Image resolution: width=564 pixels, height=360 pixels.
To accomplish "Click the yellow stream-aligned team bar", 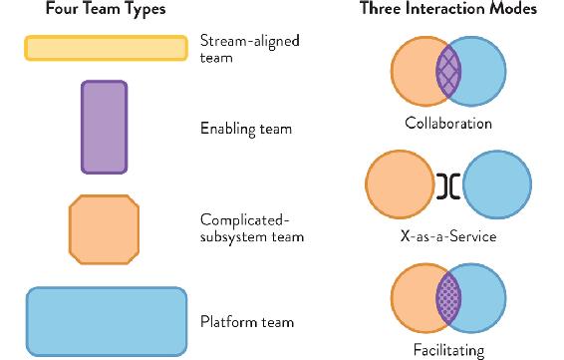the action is (106, 48).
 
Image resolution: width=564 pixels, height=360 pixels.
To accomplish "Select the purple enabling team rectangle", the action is (105, 127).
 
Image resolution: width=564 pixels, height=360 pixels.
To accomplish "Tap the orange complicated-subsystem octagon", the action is (104, 229).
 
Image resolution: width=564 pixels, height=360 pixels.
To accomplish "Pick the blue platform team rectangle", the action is (107, 321).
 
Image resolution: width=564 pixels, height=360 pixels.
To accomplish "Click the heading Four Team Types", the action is (106, 9).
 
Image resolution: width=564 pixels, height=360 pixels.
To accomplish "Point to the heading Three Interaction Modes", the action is (448, 9).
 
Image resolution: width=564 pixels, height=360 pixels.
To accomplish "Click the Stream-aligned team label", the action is (250, 49).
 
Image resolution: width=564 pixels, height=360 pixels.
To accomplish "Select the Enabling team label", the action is (246, 129).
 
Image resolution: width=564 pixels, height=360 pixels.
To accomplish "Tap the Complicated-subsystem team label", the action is (252, 228).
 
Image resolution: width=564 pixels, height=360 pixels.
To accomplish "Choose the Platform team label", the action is (247, 321).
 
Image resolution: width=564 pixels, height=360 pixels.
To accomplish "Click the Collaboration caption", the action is (448, 123).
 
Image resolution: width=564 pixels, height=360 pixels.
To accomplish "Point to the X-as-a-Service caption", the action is (448, 236).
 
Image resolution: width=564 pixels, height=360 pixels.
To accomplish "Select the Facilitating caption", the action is (448, 350).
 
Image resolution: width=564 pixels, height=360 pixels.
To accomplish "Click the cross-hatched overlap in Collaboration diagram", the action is (448, 71).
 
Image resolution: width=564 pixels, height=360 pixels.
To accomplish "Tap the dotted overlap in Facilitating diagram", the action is (448, 298).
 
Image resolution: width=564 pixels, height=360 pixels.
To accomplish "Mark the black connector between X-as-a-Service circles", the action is (448, 186).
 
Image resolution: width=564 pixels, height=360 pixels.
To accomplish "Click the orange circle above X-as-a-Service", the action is (400, 184).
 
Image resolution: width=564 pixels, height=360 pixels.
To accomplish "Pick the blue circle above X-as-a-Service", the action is (497, 184).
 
